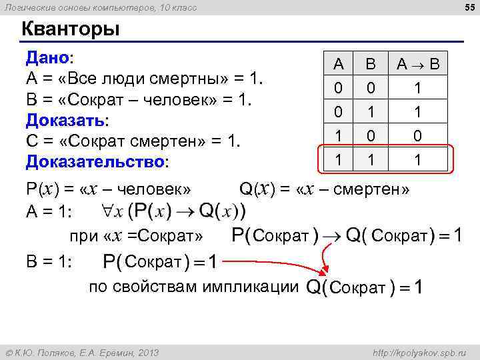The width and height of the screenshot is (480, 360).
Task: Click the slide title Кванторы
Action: pos(71,29)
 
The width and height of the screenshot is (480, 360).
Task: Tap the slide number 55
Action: pos(467,7)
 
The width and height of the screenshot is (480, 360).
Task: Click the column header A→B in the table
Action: pos(417,65)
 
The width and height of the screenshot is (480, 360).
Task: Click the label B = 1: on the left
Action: pos(49,262)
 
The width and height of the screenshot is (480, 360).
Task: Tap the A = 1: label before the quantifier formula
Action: pos(49,213)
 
